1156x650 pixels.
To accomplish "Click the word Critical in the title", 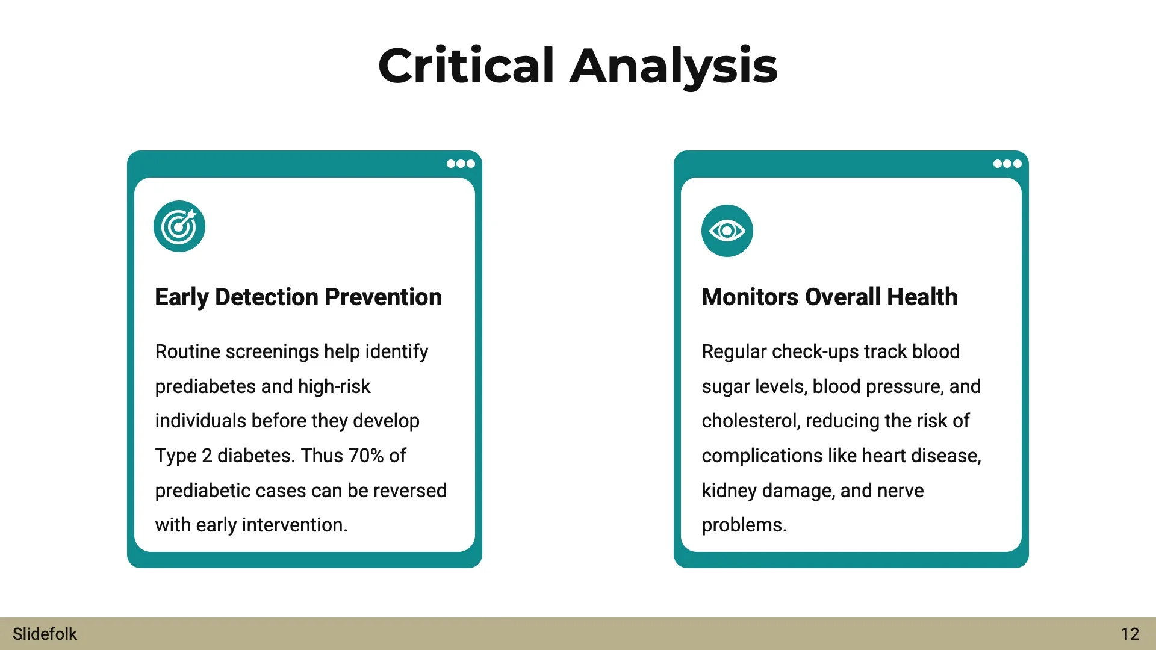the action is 466,66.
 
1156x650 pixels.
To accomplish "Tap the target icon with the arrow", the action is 179,226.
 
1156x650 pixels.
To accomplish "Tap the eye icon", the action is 727,231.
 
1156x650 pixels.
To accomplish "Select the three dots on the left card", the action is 461,164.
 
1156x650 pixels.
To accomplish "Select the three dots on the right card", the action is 1007,164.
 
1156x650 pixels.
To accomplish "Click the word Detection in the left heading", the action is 267,297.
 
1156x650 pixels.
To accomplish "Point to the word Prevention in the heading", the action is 383,297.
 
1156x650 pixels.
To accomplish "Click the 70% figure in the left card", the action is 366,456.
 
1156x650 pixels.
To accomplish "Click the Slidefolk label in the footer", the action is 45,634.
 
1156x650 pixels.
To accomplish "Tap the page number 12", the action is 1130,634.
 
